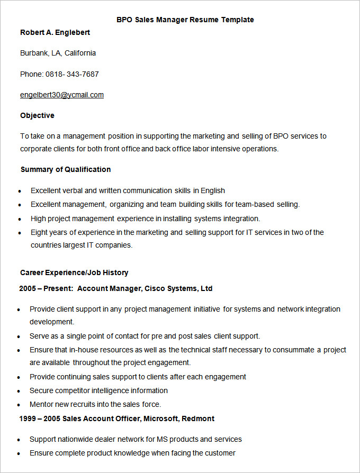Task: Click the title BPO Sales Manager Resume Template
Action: coord(185,20)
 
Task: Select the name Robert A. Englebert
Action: coord(55,32)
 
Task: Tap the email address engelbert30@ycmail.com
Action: coord(62,95)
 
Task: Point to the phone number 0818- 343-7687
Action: coord(72,74)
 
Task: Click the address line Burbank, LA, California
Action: coord(58,53)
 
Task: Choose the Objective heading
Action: coord(37,115)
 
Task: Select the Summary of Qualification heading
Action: coord(66,169)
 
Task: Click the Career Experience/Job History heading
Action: coord(74,272)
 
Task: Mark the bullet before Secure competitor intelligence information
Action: coord(19,391)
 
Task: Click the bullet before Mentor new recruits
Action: coord(19,405)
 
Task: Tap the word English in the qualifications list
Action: coord(213,190)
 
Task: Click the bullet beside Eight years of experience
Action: coord(20,233)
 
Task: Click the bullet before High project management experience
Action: coord(20,219)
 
